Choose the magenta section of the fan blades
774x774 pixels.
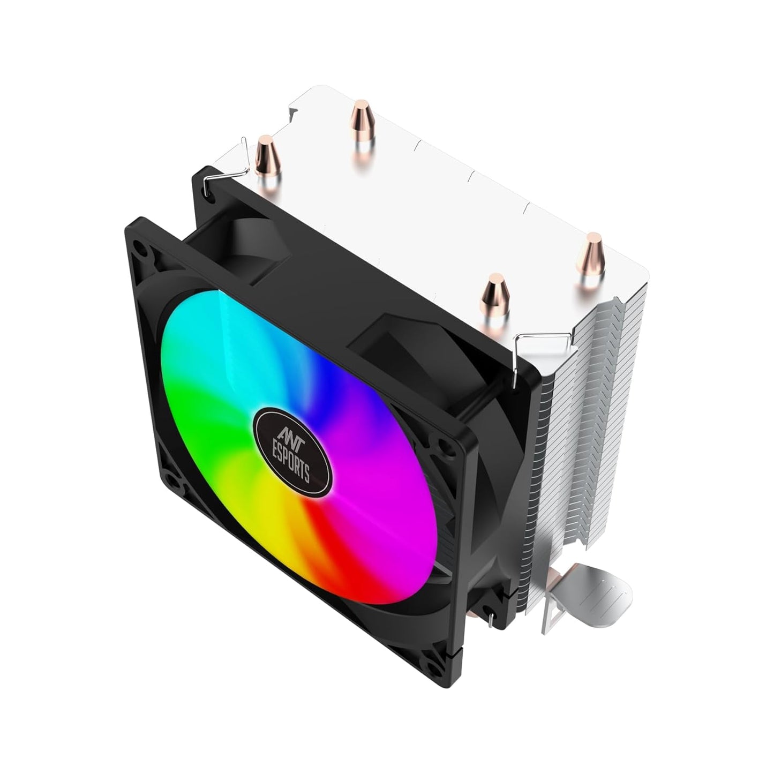386,455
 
